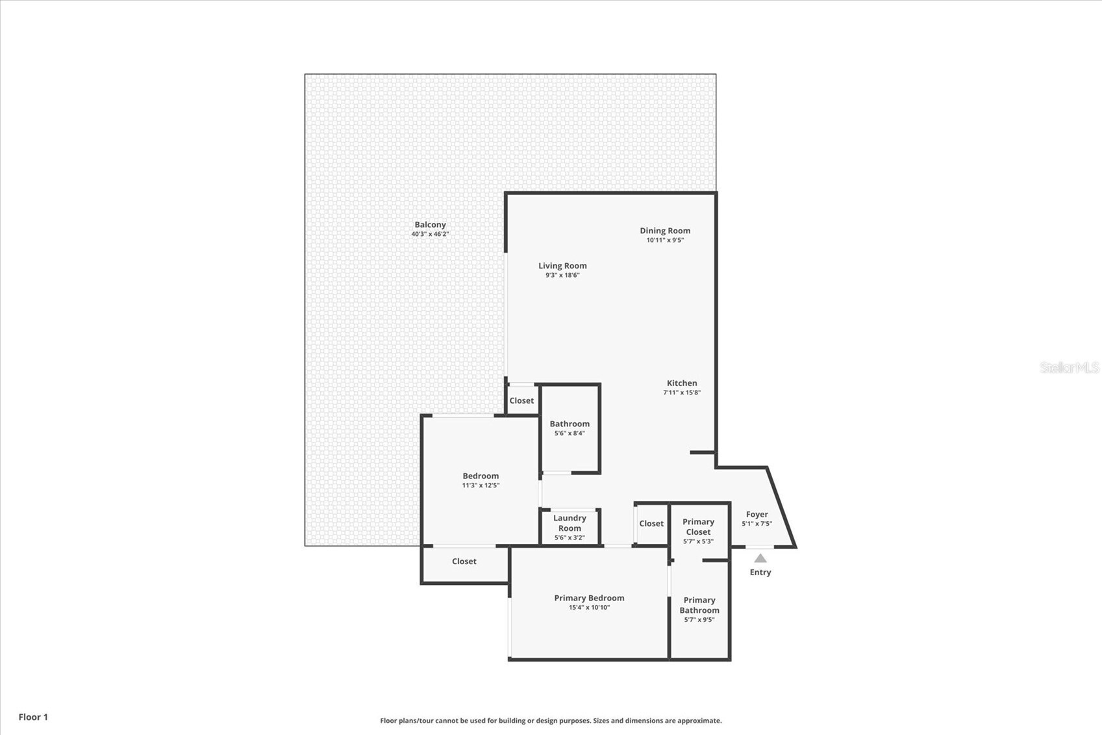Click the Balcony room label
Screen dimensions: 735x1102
(430, 225)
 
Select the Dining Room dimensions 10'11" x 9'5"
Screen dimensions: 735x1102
(665, 240)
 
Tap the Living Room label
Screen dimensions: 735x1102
(562, 266)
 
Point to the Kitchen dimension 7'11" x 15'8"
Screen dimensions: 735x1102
(681, 393)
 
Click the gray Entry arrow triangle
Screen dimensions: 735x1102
(760, 558)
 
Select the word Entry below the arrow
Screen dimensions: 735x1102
(760, 573)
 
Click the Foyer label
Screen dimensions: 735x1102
(757, 514)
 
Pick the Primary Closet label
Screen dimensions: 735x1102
(698, 526)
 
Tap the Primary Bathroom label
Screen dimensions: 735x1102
(699, 605)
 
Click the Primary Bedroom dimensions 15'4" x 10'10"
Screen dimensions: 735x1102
(589, 608)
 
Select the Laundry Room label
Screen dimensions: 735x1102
(570, 523)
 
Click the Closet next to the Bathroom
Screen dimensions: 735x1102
(521, 401)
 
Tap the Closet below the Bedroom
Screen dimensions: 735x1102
(464, 561)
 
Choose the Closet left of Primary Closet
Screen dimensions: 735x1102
(651, 524)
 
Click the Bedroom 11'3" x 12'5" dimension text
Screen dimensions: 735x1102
(481, 485)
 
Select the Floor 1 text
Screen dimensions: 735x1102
(33, 717)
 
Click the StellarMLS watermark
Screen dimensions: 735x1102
(1069, 368)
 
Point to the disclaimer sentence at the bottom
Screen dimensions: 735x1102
(551, 721)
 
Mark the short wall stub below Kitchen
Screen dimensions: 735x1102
(702, 452)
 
